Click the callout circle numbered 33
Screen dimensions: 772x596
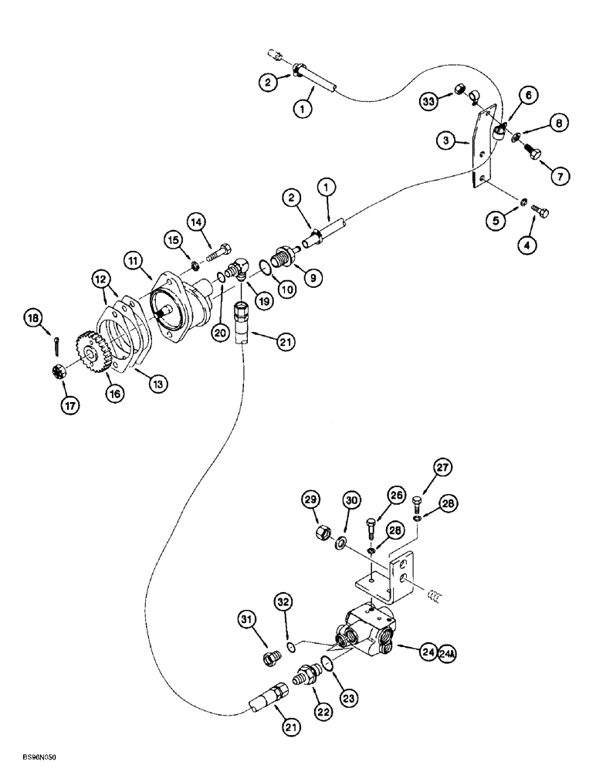pos(429,100)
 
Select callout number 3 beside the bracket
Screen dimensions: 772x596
pos(446,141)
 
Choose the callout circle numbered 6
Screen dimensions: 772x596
pos(529,95)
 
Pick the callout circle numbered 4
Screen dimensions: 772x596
pos(529,247)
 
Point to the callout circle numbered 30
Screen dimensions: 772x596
pos(350,502)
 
